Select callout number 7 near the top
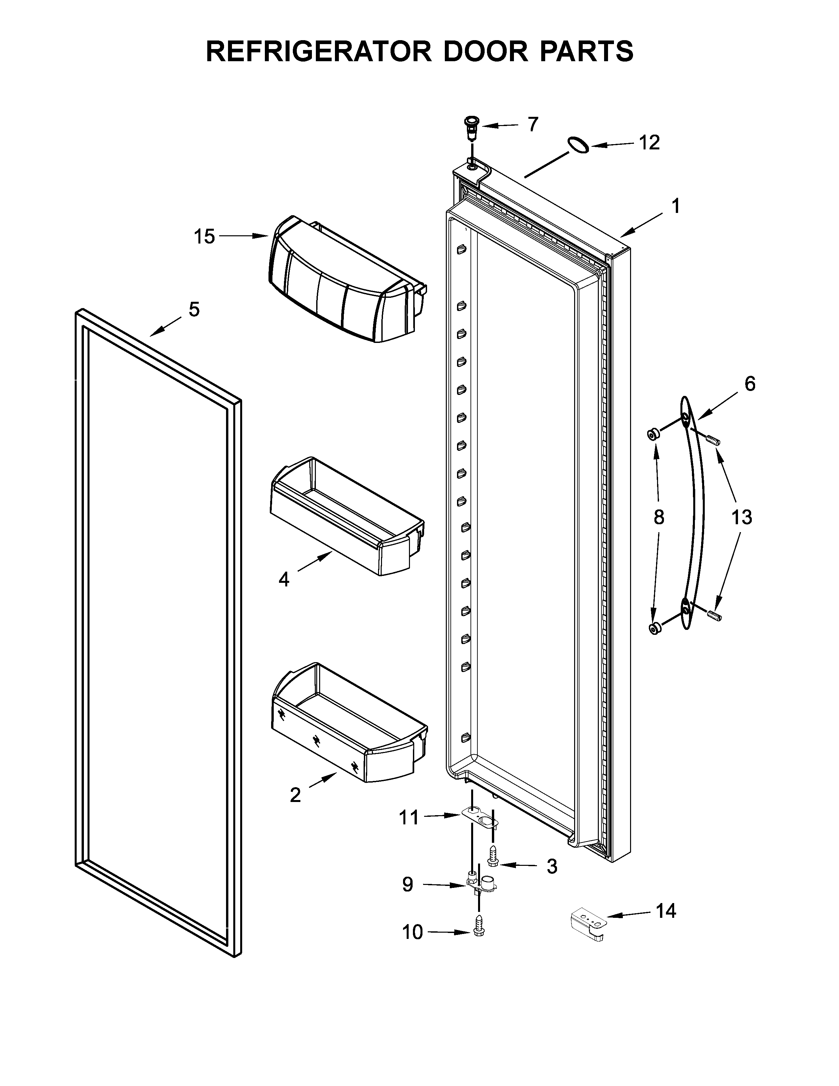(x=533, y=124)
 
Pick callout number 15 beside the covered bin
(x=204, y=237)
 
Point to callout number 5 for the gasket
(x=194, y=309)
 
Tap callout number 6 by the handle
(x=750, y=383)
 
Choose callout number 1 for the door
(x=675, y=205)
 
